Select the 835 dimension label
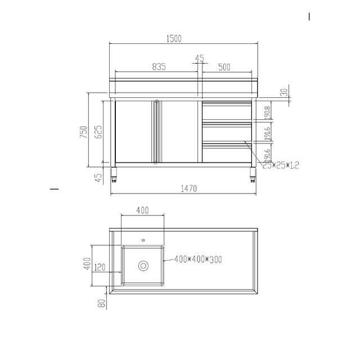(159, 67)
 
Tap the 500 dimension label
(224, 67)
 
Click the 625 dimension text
(98, 132)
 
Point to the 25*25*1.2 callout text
(281, 165)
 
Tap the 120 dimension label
(100, 267)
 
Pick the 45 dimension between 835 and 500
(199, 58)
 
